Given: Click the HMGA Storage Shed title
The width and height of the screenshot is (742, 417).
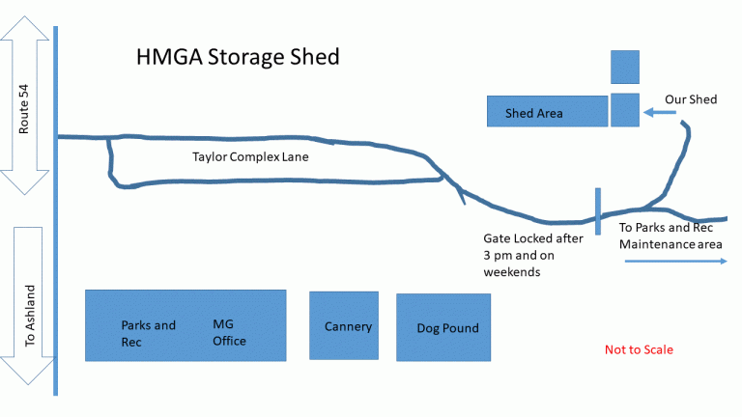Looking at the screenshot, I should (x=237, y=57).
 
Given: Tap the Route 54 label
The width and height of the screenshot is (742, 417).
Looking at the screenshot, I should (x=25, y=110).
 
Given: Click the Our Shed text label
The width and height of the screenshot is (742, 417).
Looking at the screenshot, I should (x=691, y=99).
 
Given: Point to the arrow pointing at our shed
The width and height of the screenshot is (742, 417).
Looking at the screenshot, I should (x=661, y=112).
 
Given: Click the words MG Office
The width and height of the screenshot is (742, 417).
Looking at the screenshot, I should (x=229, y=333).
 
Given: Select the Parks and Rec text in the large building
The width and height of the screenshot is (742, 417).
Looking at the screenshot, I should (x=148, y=333).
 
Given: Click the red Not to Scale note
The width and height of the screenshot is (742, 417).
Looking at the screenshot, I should (x=639, y=349).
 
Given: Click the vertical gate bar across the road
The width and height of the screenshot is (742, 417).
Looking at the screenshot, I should (x=598, y=211).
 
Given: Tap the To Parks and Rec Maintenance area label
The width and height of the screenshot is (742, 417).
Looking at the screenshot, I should (x=671, y=236).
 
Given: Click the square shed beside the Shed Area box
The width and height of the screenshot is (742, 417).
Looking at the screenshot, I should (x=625, y=110).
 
